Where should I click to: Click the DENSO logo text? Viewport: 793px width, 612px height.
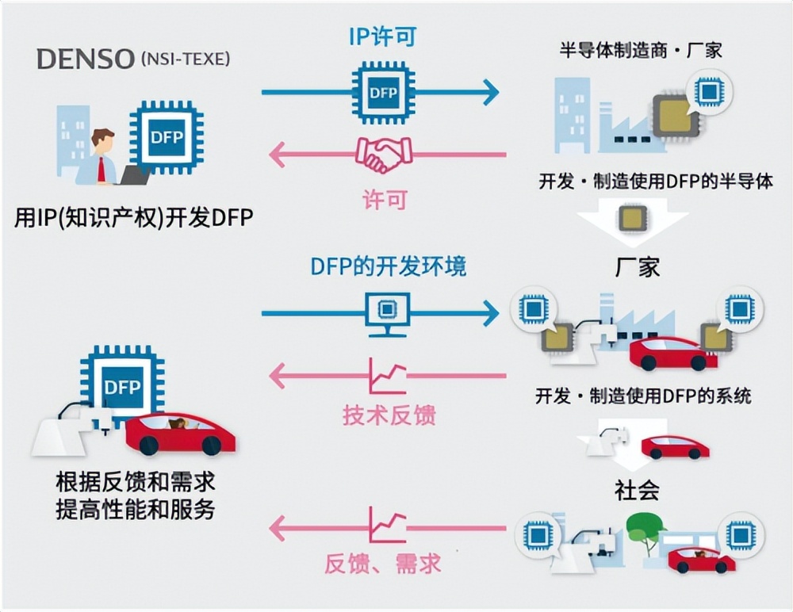tap(86, 59)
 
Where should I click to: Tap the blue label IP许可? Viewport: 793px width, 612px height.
tap(383, 36)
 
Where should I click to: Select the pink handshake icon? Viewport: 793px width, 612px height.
tap(384, 154)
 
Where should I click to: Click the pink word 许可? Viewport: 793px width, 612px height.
tap(384, 200)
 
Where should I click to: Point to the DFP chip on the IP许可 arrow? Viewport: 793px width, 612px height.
tap(383, 93)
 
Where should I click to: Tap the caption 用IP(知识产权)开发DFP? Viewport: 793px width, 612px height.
tap(133, 217)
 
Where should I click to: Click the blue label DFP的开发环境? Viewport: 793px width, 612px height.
tap(387, 266)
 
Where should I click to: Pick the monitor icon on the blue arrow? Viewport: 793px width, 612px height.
tap(387, 312)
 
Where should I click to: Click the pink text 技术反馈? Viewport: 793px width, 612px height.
tap(389, 415)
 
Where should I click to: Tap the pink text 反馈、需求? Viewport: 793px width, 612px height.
tap(383, 564)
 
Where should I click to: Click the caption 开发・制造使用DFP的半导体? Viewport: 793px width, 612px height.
tap(655, 181)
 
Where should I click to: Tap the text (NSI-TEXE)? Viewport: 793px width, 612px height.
tap(184, 59)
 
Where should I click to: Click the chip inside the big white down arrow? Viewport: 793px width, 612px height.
tap(633, 217)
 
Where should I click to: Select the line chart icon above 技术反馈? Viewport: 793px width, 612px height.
tap(388, 374)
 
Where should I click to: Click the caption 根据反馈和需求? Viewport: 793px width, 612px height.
tap(136, 481)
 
